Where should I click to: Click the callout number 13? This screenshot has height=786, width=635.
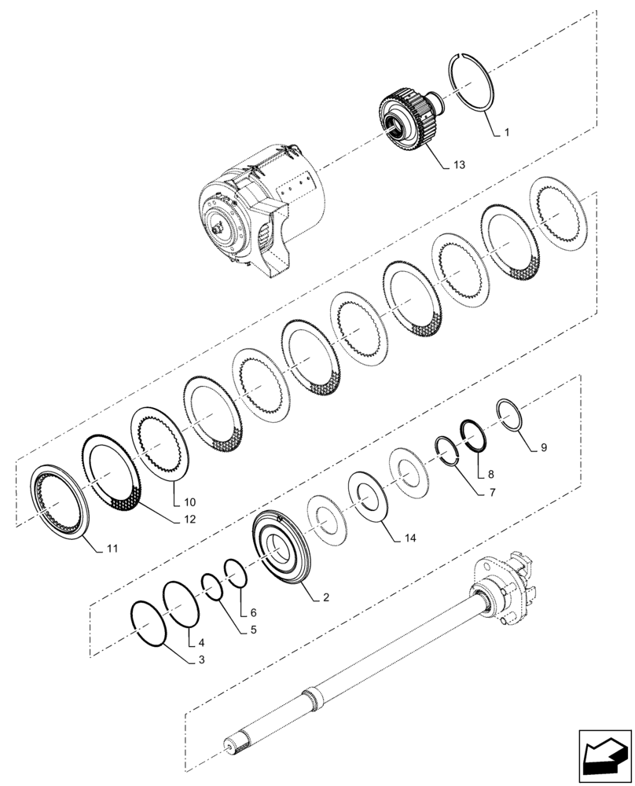coord(458,165)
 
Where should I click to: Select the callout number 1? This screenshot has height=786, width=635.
coord(506,134)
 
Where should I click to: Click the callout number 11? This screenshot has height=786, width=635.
coord(112,548)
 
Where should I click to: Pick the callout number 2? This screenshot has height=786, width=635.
coord(324,597)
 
